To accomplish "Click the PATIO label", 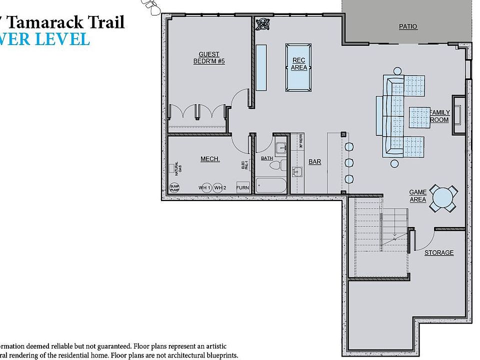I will [x=408, y=26].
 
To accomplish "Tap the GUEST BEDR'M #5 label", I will [x=209, y=58].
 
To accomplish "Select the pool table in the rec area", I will [x=298, y=67].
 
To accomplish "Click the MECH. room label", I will [x=210, y=159].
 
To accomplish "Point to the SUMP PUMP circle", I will [x=174, y=187].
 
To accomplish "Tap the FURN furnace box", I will [x=242, y=188].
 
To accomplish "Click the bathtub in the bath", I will [x=271, y=185].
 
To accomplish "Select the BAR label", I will [x=314, y=162].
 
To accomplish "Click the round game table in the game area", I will [x=443, y=197].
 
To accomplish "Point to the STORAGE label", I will [x=439, y=252].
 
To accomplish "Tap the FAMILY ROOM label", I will [x=440, y=116].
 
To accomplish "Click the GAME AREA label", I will [x=418, y=196].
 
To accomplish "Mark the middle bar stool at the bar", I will [x=348, y=163].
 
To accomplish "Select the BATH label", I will [x=267, y=158].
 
